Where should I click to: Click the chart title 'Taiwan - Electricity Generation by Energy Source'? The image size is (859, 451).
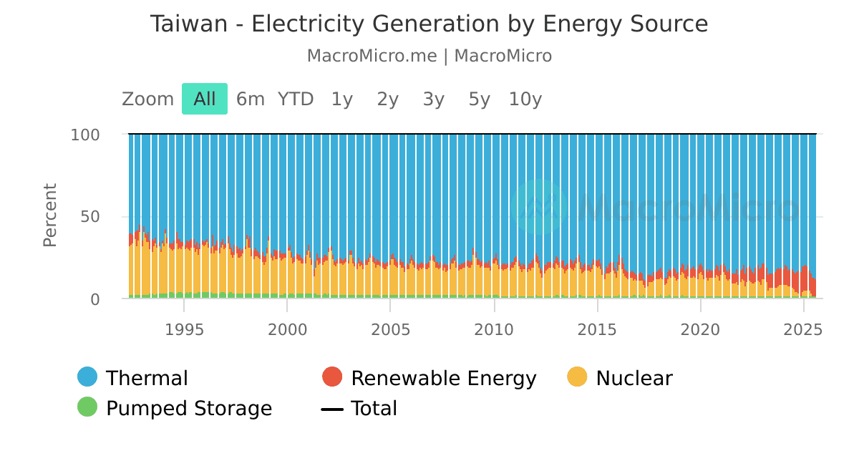coord(429,24)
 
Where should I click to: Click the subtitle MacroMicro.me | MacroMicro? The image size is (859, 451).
coord(429,56)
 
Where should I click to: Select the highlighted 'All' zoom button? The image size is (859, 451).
coord(204,99)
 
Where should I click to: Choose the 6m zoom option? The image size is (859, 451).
coord(250,99)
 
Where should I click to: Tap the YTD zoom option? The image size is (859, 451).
coord(296,99)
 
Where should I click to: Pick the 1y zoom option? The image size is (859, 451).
coord(341,99)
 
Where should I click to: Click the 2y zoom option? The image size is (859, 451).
coord(387,99)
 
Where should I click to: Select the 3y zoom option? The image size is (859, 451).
coord(433,99)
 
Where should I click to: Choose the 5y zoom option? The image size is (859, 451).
coord(479,99)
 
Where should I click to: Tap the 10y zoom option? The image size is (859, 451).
coord(525,99)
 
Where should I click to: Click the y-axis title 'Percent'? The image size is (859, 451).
coord(50,215)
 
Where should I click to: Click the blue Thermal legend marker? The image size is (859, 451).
coord(87,377)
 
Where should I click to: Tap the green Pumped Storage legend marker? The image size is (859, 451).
coord(87,407)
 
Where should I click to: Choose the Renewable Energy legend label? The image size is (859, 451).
coord(443,378)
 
